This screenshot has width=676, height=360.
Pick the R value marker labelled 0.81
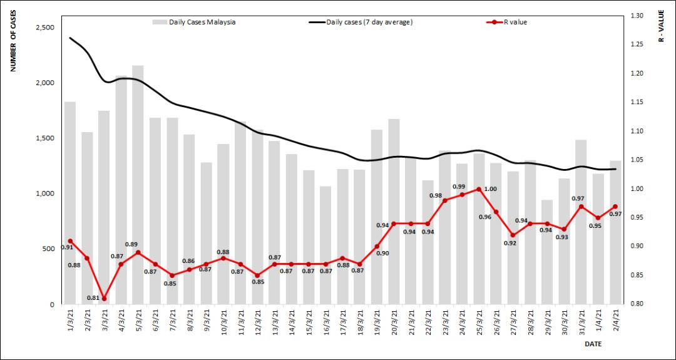point(104,299)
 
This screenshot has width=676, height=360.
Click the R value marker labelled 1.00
point(479,189)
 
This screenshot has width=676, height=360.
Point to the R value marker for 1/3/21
point(70,241)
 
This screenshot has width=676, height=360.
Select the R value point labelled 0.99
point(462,195)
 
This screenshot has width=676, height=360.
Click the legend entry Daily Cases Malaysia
point(194,22)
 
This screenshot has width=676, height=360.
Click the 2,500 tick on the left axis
point(43,28)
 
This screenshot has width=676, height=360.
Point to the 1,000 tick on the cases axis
point(43,193)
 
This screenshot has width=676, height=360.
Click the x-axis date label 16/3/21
point(325,322)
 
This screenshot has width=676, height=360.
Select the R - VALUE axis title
point(662,26)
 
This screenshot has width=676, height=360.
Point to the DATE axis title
point(593,344)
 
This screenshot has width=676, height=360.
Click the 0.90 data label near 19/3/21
point(382,253)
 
